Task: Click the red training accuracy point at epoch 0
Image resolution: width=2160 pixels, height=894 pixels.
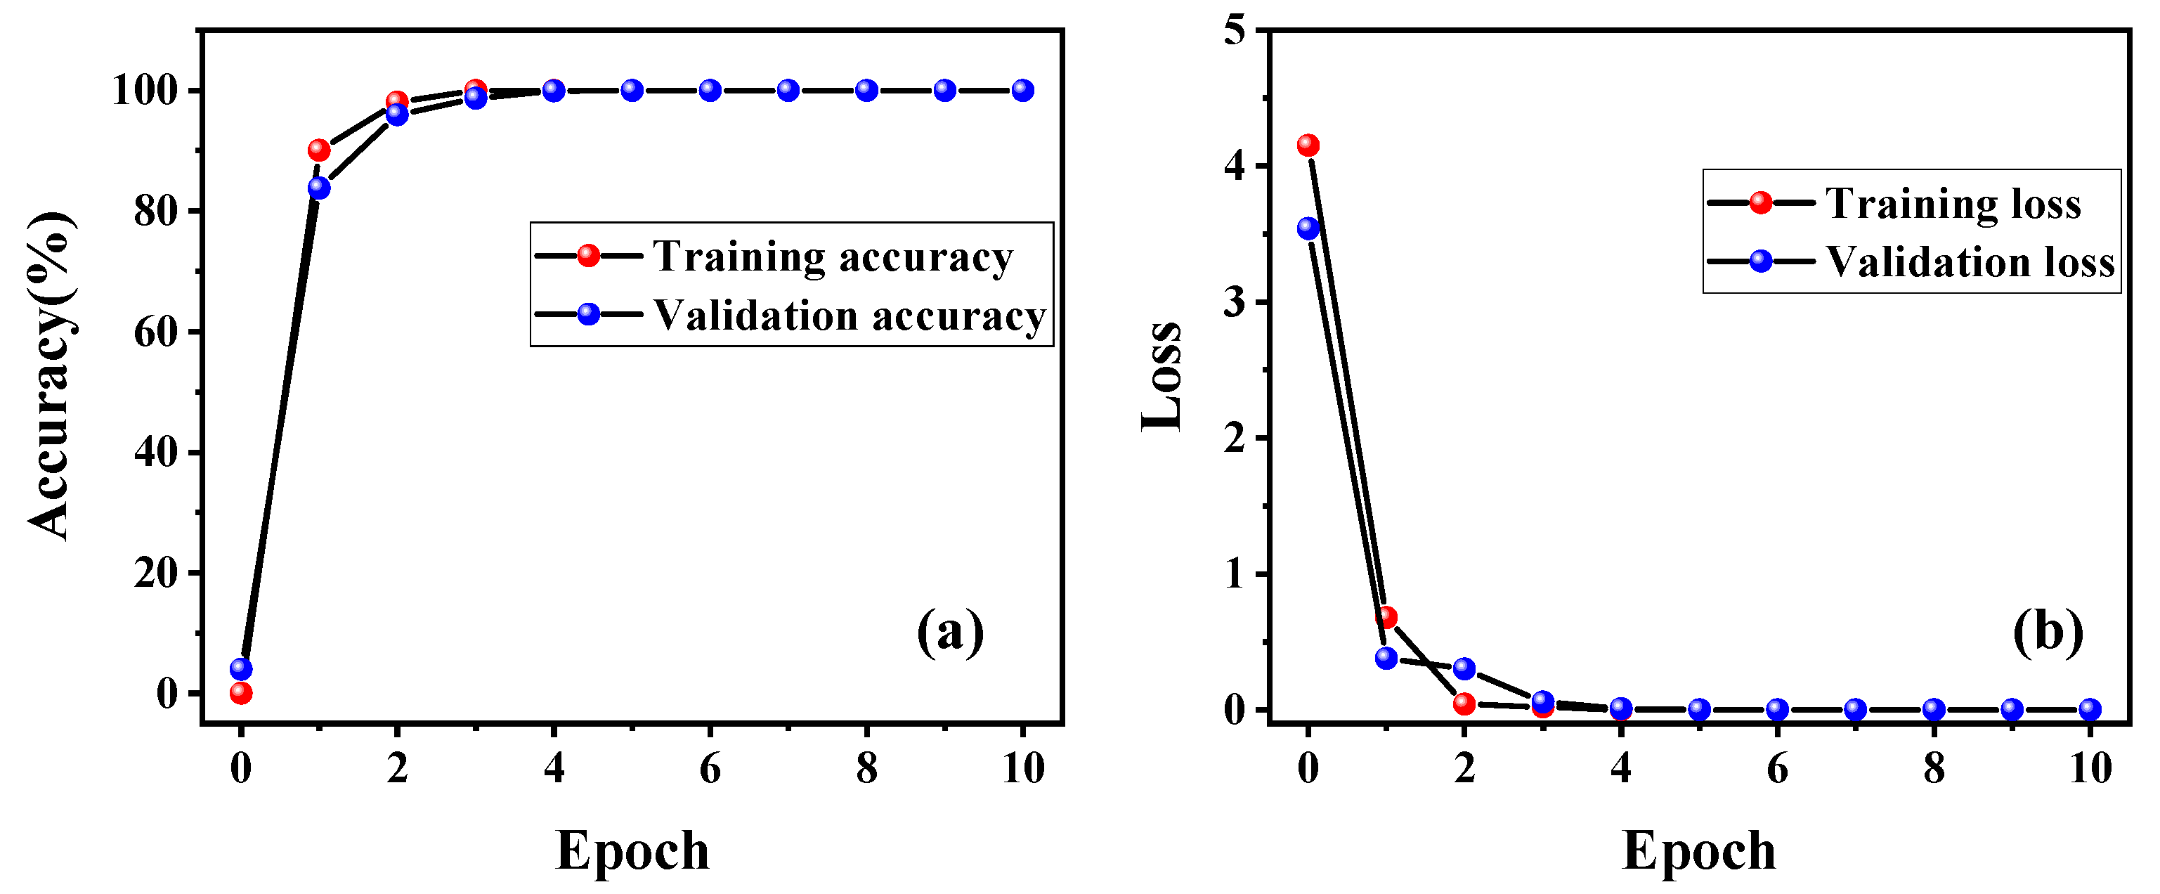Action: pos(240,693)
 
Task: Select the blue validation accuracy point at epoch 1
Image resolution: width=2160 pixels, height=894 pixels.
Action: pos(318,188)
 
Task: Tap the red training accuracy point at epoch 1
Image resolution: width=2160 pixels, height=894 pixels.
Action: pos(318,150)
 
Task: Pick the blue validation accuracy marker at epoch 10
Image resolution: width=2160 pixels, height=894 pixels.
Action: pos(1023,91)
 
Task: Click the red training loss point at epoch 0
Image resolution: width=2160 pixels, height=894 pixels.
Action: pos(1308,145)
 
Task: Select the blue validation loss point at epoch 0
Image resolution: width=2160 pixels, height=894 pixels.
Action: pos(1308,228)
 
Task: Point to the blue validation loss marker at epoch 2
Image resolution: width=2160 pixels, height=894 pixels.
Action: pos(1464,668)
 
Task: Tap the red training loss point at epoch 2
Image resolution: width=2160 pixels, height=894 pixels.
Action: pos(1464,704)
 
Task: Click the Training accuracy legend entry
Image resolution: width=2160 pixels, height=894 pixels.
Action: pos(832,256)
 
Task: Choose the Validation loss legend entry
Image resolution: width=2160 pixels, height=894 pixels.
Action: pos(1970,261)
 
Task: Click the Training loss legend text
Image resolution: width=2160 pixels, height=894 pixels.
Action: pos(1953,204)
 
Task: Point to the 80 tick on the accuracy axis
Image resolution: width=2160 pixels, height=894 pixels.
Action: pos(156,212)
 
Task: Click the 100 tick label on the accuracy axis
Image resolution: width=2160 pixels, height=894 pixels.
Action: pos(145,91)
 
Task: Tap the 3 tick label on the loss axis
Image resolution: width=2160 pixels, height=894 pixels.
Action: pos(1235,303)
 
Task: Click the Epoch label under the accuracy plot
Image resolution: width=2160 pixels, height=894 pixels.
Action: pos(632,850)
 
